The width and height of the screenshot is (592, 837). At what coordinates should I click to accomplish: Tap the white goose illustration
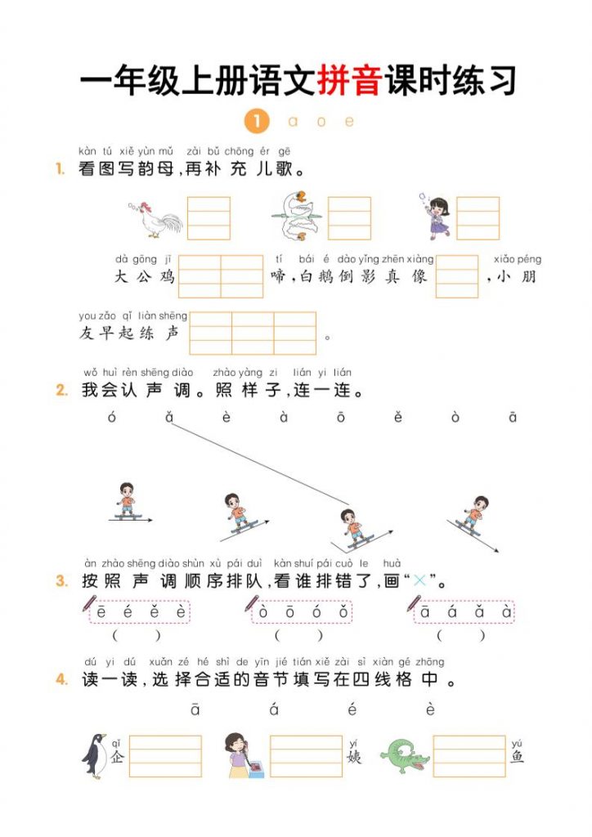tap(297, 217)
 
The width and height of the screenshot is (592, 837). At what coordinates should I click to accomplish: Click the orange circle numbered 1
tap(256, 122)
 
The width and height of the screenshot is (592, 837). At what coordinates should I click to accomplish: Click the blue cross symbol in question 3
tap(420, 581)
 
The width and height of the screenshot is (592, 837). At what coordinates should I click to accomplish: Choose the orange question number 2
tap(61, 390)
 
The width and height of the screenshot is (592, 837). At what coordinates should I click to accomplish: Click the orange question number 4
tap(61, 679)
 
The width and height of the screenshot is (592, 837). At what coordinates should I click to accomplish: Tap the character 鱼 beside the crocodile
tap(518, 756)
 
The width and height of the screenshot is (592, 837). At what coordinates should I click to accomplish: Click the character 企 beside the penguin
tap(117, 756)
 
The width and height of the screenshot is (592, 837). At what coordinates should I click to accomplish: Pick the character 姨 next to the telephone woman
tap(354, 756)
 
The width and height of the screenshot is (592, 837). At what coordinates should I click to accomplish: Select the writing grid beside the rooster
tap(209, 218)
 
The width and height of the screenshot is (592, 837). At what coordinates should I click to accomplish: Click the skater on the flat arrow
tap(126, 500)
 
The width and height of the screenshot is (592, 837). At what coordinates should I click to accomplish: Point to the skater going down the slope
tap(473, 515)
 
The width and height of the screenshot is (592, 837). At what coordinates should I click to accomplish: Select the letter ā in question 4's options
tap(195, 709)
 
